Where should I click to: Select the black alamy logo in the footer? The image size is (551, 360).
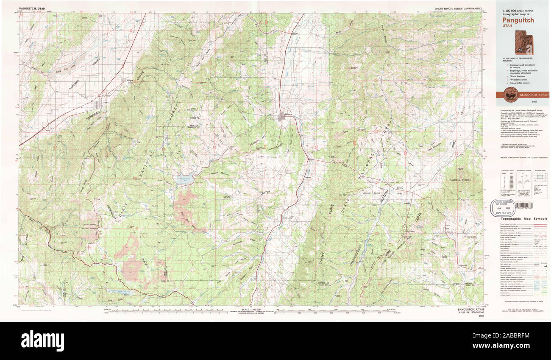42,340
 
